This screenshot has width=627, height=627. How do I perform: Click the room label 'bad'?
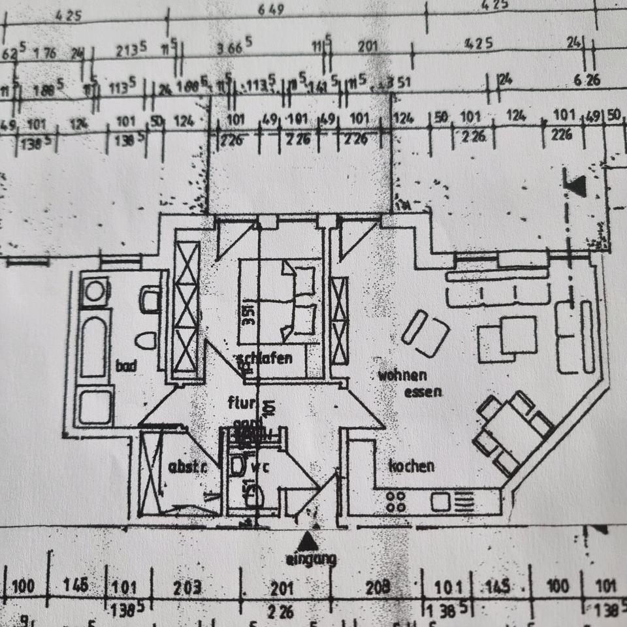tap(126, 366)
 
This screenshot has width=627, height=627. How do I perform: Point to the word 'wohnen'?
tap(402, 376)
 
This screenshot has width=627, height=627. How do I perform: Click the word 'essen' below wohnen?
tap(423, 392)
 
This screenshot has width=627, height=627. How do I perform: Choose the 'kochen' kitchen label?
tap(411, 466)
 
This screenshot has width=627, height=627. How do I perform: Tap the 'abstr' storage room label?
tap(187, 467)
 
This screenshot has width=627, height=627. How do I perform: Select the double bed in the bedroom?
tap(280, 300)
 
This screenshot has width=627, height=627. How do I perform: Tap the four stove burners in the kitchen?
tap(396, 502)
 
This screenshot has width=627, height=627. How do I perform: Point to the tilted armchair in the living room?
tap(425, 334)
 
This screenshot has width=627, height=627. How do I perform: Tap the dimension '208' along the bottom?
tap(378, 587)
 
